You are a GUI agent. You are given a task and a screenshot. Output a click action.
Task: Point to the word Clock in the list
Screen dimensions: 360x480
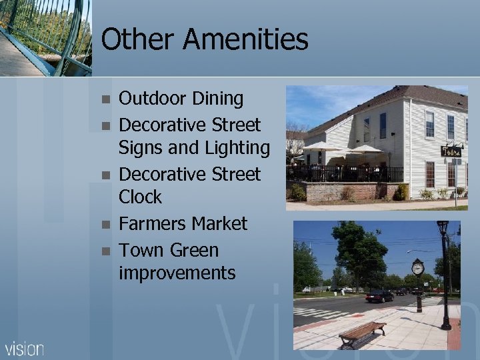point(140,197)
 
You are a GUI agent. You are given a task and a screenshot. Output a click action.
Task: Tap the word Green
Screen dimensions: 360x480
point(194,250)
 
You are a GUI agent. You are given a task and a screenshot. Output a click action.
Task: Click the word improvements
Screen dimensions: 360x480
point(177,273)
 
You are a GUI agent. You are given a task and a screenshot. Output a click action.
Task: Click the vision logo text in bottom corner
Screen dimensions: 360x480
point(25,348)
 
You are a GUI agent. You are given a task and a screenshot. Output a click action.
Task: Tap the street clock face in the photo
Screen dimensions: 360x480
point(418,268)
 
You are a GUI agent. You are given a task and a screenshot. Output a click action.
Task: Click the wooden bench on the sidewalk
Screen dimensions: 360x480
point(362,332)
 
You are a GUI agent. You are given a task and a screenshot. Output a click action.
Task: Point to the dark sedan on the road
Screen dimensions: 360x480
point(379,295)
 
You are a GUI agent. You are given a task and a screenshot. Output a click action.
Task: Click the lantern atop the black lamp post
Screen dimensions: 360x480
point(442,229)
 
